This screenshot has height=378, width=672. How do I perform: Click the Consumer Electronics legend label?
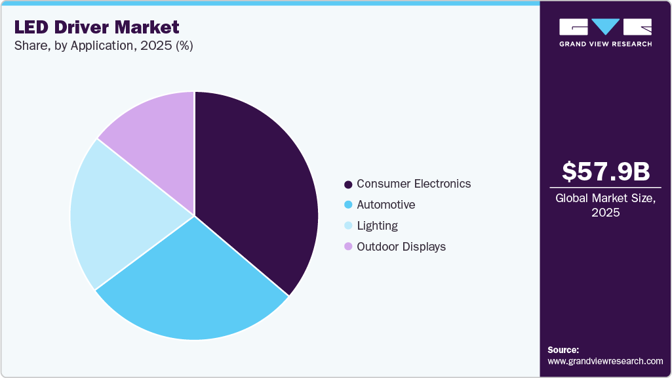(x=413, y=184)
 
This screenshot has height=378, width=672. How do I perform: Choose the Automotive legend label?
(x=385, y=205)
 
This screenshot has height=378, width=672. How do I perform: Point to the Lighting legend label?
(x=377, y=226)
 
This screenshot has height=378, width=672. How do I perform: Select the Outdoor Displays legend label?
(x=401, y=247)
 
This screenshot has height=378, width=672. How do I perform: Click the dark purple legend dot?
(x=348, y=184)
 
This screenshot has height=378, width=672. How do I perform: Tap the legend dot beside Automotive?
(x=348, y=205)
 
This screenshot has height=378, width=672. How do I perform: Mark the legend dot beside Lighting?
(x=348, y=226)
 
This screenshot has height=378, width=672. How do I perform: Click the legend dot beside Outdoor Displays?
(x=348, y=247)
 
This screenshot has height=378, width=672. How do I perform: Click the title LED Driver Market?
(x=96, y=28)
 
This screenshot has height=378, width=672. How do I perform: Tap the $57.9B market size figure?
(x=606, y=172)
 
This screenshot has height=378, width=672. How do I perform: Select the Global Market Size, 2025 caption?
(x=606, y=205)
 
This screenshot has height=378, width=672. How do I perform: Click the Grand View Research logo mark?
(x=605, y=27)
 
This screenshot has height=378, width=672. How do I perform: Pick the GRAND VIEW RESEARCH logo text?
(x=605, y=44)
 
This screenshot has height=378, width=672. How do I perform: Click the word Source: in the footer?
(x=563, y=350)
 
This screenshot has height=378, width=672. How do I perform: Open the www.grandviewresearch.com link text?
(x=605, y=361)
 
